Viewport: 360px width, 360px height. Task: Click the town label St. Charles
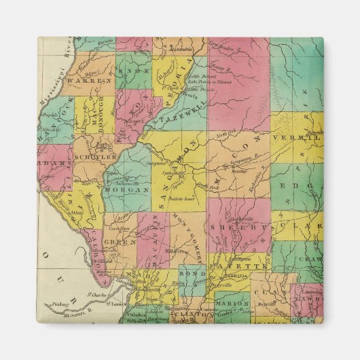pyautogui.click(x=98, y=295)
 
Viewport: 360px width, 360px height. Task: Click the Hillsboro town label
pyautogui.click(x=179, y=251)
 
